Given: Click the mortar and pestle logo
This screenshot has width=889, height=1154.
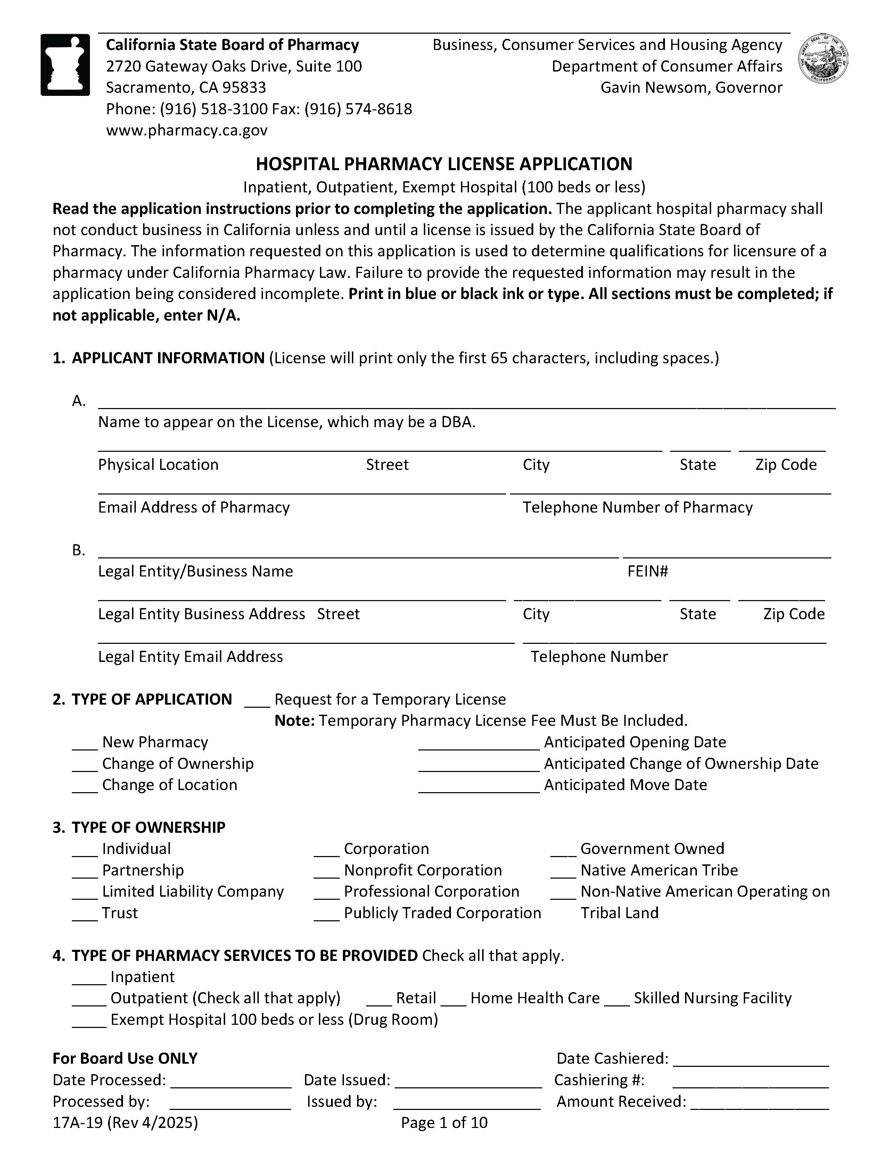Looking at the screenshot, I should (x=65, y=65).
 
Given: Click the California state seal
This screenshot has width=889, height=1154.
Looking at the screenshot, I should (x=823, y=59).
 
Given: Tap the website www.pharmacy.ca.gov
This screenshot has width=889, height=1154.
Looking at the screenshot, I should (x=187, y=130).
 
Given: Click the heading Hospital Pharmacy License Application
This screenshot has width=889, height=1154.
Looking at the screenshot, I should (x=444, y=164).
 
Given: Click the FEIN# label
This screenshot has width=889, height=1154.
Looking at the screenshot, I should (x=648, y=571).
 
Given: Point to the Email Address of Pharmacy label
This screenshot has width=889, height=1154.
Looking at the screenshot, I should (x=194, y=507).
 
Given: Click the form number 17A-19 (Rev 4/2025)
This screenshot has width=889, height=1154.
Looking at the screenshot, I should (x=125, y=1122).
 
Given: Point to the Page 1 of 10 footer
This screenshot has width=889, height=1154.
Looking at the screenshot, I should (x=444, y=1122).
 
